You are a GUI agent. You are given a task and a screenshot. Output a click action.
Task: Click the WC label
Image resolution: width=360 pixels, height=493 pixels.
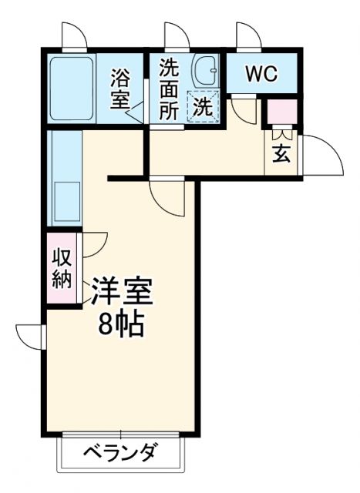coord(261,74)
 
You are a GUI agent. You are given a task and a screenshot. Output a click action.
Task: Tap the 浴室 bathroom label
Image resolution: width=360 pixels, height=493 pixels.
coord(120,89)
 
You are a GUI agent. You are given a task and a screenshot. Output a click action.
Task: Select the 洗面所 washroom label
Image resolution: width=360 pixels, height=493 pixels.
coord(169,89)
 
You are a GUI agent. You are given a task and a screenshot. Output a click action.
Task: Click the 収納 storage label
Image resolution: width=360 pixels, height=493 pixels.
coord(62,268)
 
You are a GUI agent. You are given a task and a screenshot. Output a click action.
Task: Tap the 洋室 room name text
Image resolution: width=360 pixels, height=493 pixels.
coord(122,293)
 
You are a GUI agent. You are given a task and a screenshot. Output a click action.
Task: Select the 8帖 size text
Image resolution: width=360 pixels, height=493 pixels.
coord(122,326)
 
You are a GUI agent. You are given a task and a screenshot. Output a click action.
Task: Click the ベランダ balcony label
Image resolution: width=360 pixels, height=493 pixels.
coord(120,451)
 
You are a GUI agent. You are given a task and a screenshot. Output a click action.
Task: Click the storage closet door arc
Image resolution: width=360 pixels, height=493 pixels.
coord(95,246)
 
